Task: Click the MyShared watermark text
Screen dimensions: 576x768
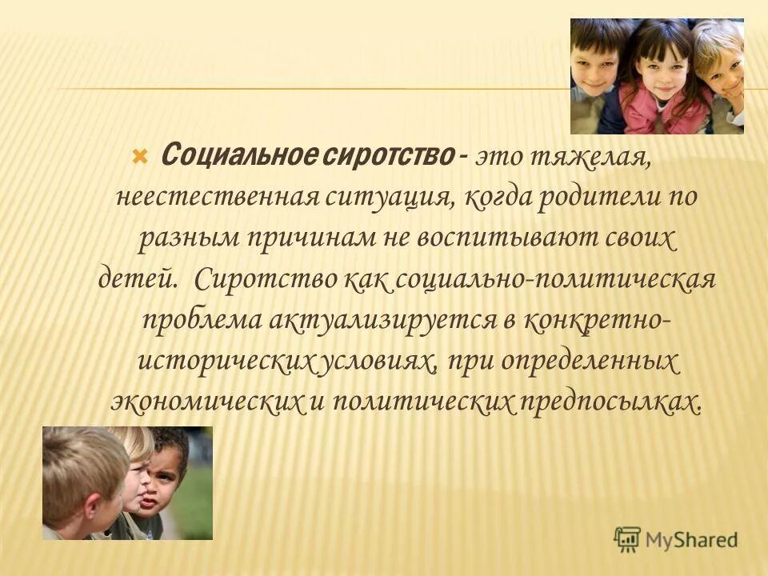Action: click(x=692, y=539)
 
